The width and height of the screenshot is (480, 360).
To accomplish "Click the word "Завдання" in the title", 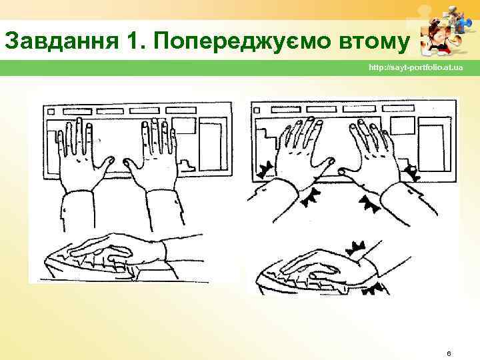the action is [x=61, y=41].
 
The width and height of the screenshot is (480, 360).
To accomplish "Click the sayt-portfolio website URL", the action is [x=416, y=67].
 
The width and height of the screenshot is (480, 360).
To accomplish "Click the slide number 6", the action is [x=449, y=353].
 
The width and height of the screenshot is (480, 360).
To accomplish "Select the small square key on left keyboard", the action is [x=51, y=112].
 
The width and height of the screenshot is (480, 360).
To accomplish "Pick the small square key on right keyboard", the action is [x=257, y=110].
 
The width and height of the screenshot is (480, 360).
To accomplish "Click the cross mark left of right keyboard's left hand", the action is [x=265, y=170].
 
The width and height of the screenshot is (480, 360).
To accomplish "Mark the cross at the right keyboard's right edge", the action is [x=411, y=173].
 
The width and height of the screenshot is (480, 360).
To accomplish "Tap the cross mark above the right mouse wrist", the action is [x=356, y=248].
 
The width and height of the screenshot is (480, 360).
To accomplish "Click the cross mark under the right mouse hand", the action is [x=373, y=289].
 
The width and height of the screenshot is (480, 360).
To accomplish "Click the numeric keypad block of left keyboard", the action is [x=213, y=144].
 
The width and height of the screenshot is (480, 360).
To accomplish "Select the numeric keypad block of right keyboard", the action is [x=435, y=144].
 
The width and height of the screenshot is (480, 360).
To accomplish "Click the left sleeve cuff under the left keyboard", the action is [x=77, y=211].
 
